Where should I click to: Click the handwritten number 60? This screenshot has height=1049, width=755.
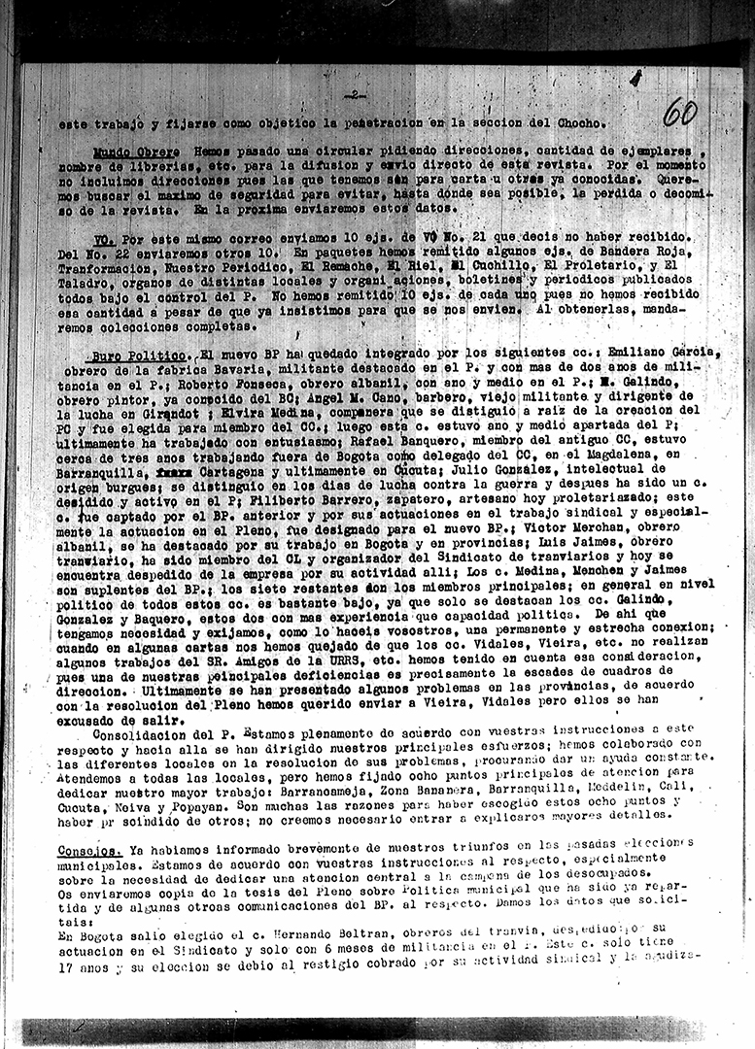(679, 113)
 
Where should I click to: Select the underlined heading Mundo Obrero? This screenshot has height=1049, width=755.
(136, 152)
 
